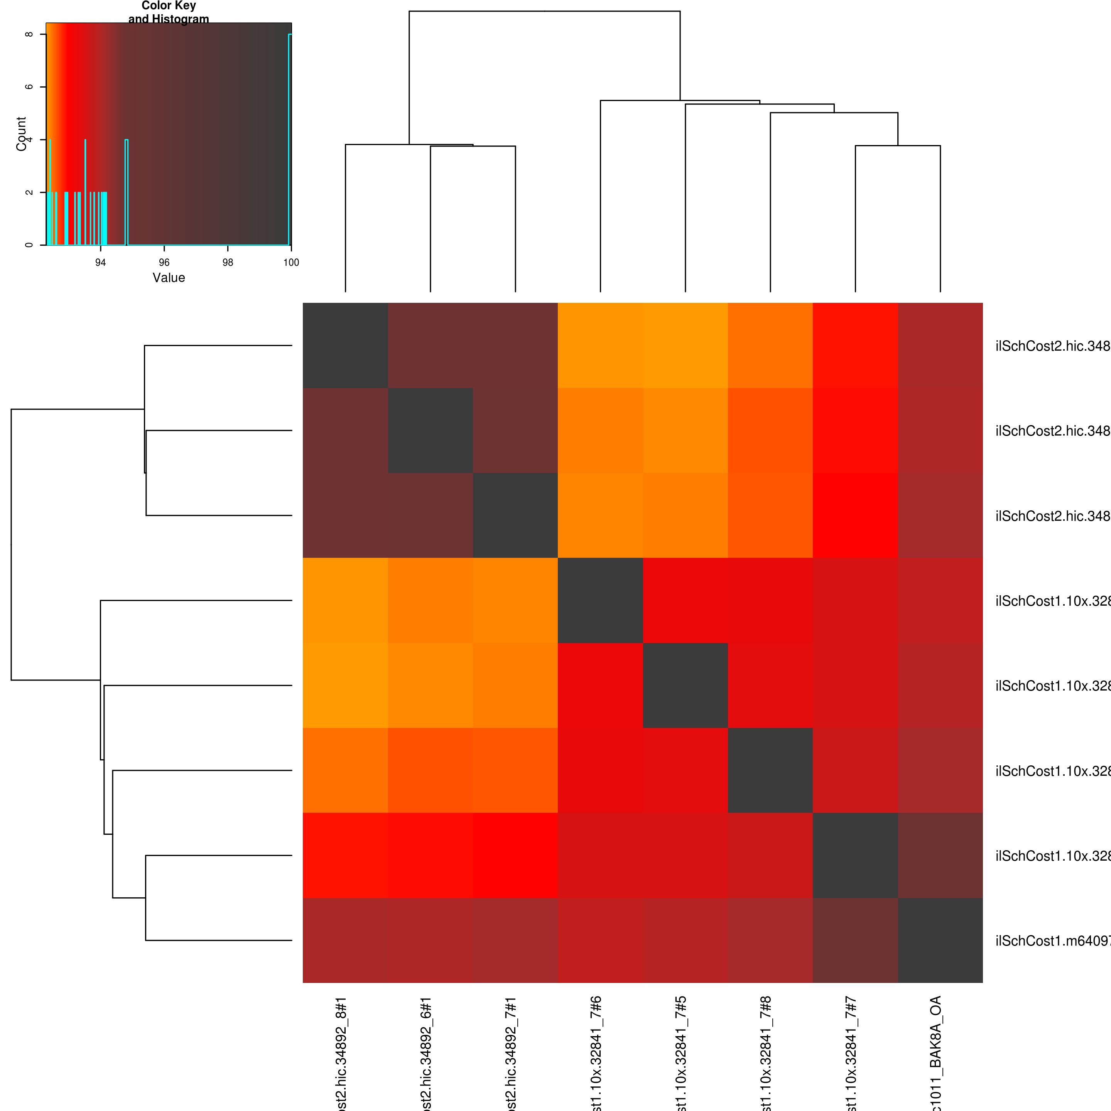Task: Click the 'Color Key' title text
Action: tap(169, 6)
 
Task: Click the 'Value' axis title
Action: tap(169, 278)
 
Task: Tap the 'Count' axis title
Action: tap(21, 133)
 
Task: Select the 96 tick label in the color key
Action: tap(164, 263)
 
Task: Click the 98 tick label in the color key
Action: tap(228, 263)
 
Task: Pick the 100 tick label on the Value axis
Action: tap(291, 263)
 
